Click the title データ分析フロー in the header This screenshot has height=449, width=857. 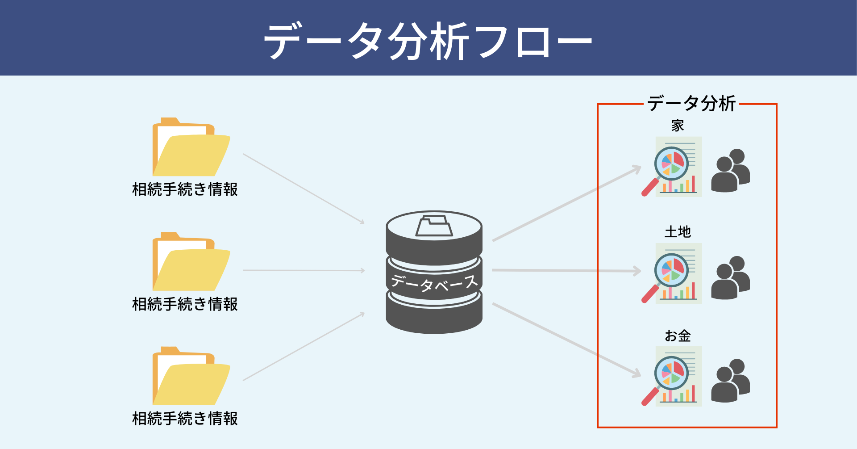pyautogui.click(x=428, y=41)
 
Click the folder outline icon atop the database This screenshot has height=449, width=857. pyautogui.click(x=434, y=226)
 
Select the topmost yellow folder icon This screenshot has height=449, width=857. pyautogui.click(x=191, y=147)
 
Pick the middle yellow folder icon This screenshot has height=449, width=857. pyautogui.click(x=191, y=262)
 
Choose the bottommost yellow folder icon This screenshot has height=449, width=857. pyautogui.click(x=191, y=377)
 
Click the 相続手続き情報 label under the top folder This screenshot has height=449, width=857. pyautogui.click(x=185, y=189)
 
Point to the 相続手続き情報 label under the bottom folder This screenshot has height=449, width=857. pyautogui.click(x=185, y=419)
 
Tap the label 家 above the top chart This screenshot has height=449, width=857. pyautogui.click(x=678, y=126)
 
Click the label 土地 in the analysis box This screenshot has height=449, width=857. pyautogui.click(x=678, y=232)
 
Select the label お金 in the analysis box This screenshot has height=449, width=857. pyautogui.click(x=678, y=336)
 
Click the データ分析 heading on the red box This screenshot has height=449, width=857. pyautogui.click(x=691, y=104)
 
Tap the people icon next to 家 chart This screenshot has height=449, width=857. pyautogui.click(x=730, y=171)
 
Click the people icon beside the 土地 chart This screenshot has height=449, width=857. pyautogui.click(x=730, y=277)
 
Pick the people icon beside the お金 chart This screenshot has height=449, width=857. pyautogui.click(x=730, y=381)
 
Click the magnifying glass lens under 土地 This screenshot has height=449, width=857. pyautogui.click(x=671, y=270)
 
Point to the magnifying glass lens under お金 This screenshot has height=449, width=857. pyautogui.click(x=671, y=373)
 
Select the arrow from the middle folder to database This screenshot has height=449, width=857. pyautogui.click(x=304, y=270)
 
